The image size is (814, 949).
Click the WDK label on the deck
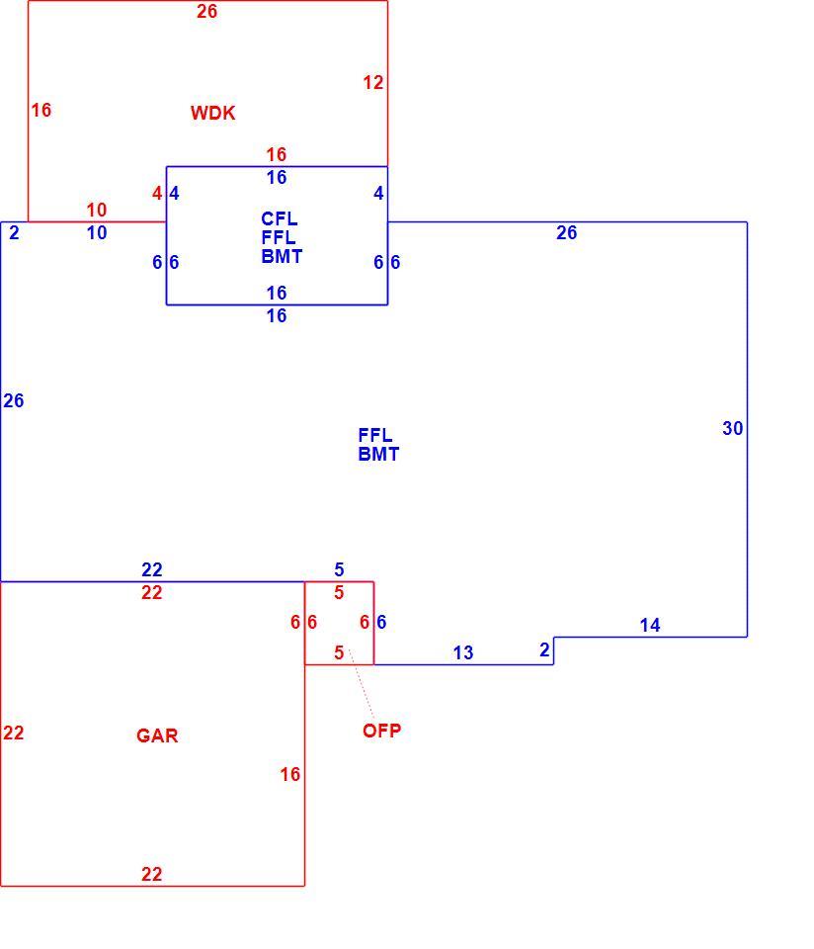coord(212,113)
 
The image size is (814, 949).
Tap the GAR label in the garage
coord(157,735)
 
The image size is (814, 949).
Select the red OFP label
coord(381,731)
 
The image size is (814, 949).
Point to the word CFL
coord(279,218)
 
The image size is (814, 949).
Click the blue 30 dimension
coord(732,428)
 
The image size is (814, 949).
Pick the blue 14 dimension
coord(650,625)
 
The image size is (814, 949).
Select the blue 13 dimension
coord(463,652)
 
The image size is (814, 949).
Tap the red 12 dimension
coord(373,82)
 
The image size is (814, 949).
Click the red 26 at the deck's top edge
coord(206,11)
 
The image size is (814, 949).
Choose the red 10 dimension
coord(96,210)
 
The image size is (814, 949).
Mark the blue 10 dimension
coord(96,233)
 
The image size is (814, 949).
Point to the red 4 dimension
coord(157,193)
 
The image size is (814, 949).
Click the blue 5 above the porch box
coord(339,569)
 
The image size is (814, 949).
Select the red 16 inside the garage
coord(289,774)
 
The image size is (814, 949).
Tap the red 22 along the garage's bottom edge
coord(152,874)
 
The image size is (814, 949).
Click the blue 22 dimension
coord(152,569)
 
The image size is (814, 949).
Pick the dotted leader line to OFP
coord(362,684)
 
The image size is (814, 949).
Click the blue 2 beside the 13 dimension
coord(544,649)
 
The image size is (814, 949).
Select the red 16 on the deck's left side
coord(41,110)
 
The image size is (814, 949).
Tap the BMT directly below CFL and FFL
coord(282,256)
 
